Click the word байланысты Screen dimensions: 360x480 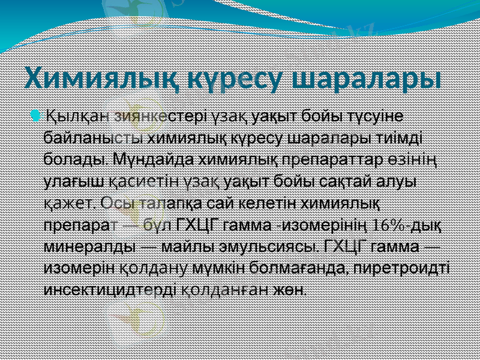[x=94, y=137]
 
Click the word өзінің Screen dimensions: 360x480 [x=415, y=160]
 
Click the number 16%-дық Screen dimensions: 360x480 [x=407, y=226]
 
